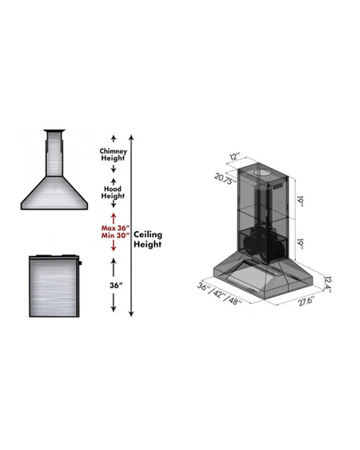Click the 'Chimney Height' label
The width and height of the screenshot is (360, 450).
(x=113, y=153)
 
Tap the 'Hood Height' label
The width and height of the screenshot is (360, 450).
(x=113, y=192)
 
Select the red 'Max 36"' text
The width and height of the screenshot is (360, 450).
(x=113, y=228)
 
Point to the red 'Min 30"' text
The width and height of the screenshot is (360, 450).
(x=113, y=237)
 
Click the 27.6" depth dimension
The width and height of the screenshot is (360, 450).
(x=305, y=301)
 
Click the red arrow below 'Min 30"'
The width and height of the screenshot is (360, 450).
(x=113, y=248)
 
